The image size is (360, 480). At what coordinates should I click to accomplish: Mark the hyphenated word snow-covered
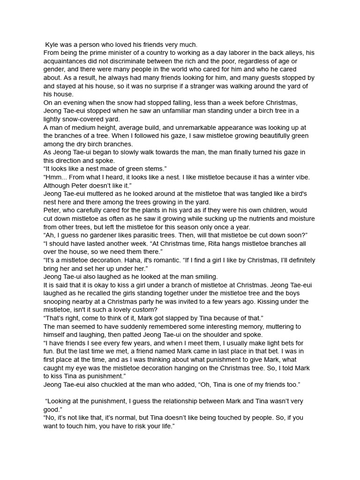(x=81, y=120)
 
